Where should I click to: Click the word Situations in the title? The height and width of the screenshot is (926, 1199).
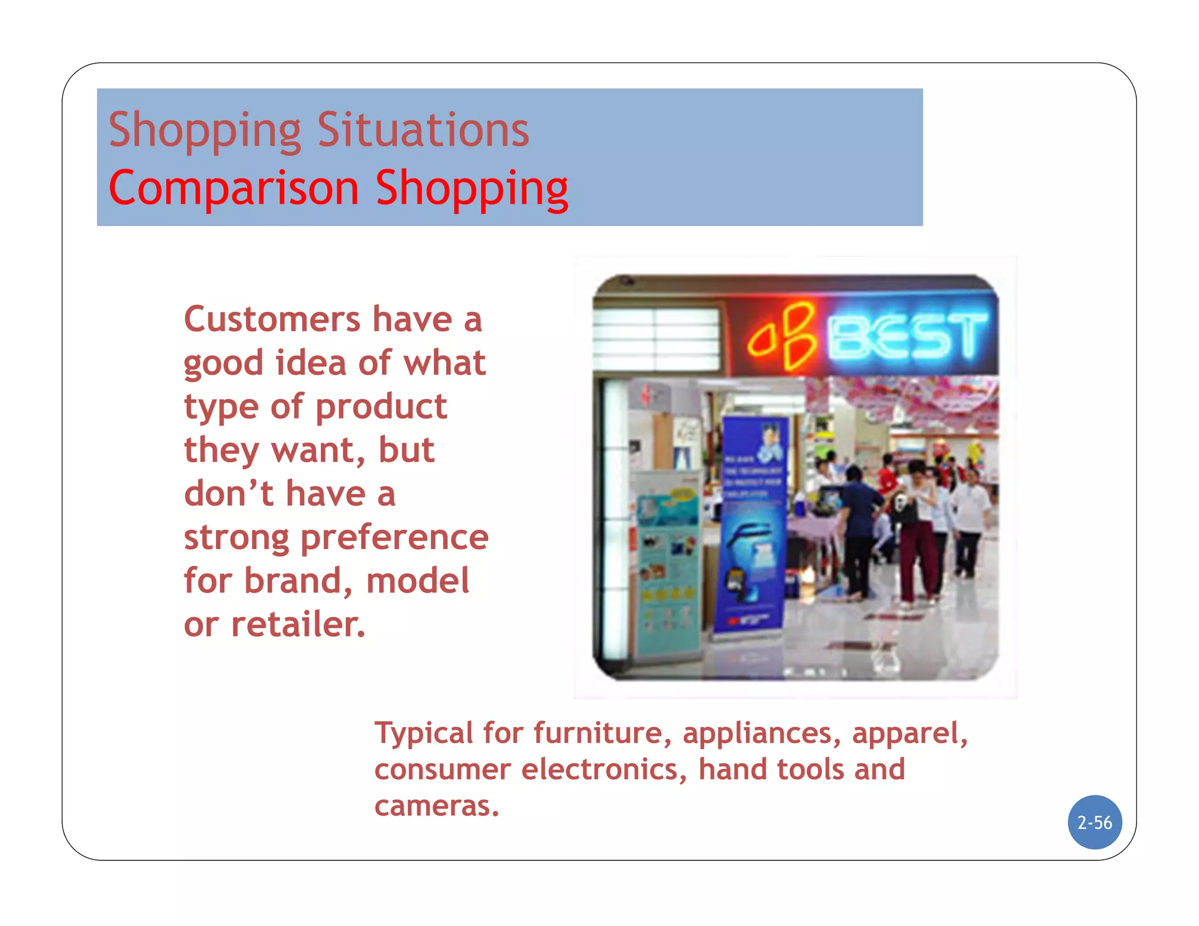point(423,130)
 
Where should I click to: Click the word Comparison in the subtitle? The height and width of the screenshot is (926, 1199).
point(234,188)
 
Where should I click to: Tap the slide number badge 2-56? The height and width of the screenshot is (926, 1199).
point(1094,822)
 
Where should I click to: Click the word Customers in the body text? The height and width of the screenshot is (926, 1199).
point(272,320)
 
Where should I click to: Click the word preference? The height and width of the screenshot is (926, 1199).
point(394,537)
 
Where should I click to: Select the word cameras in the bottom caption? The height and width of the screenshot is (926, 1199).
point(436,806)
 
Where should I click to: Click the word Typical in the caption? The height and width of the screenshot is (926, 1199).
point(424,733)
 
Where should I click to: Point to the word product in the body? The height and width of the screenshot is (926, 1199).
point(381,407)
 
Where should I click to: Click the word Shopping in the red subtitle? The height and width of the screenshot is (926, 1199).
point(471,188)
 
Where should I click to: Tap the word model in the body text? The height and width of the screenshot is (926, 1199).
point(417,581)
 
